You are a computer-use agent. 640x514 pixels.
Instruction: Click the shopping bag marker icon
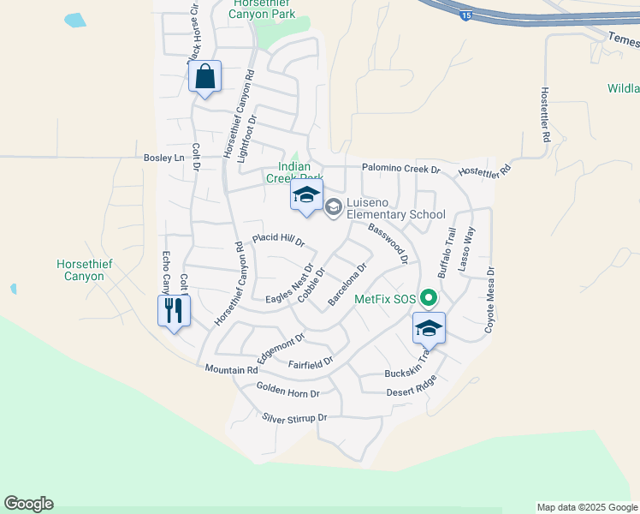point(205,77)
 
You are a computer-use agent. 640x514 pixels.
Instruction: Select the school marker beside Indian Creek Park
point(306,196)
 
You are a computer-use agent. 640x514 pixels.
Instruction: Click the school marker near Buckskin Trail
point(429,329)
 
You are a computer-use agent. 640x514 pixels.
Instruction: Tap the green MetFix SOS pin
point(430,299)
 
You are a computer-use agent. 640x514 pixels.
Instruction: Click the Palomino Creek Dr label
point(400,170)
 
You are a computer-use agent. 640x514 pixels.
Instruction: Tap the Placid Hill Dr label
point(278,240)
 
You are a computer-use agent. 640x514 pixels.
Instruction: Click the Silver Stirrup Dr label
point(295,418)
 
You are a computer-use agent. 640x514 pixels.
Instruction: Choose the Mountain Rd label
point(231,369)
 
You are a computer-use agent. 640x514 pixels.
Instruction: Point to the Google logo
point(28,504)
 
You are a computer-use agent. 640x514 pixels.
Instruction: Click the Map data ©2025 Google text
point(586,507)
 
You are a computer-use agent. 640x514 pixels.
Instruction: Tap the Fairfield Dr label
point(310,363)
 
